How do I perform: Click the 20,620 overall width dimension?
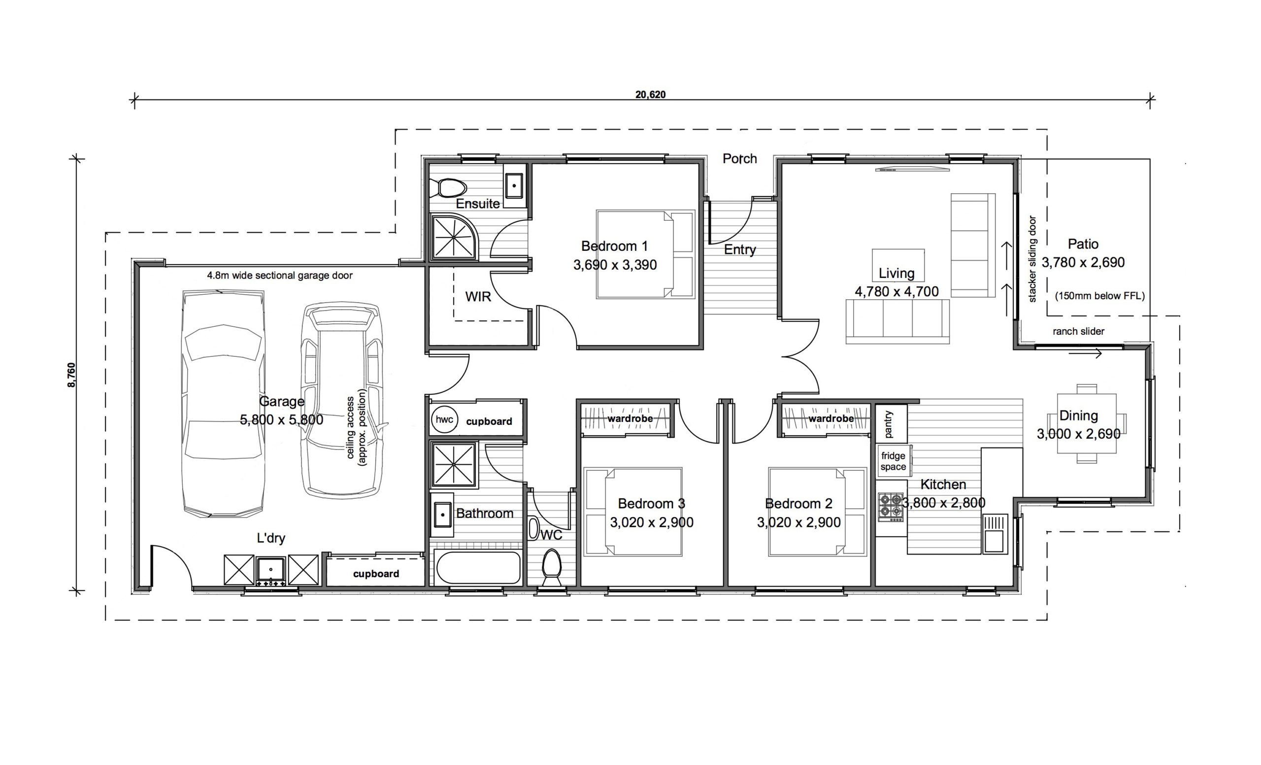coord(651,95)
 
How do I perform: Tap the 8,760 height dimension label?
coord(71,375)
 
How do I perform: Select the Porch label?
coord(739,159)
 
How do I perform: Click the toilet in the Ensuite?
coord(447,188)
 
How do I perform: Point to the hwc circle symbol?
coord(444,420)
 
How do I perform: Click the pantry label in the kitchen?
coord(889,424)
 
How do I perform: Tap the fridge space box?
coord(893,461)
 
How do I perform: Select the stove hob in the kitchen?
coord(891,507)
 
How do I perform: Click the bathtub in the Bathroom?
coord(478,567)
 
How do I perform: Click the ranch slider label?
coord(1078,331)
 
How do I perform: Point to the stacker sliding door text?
coord(1032,259)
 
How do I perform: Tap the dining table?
coord(1087,423)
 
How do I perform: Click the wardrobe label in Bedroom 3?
coord(630,419)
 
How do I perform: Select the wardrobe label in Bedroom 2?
coord(831,419)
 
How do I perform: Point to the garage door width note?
coord(279,276)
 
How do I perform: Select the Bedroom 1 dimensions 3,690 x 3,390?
coord(615,265)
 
